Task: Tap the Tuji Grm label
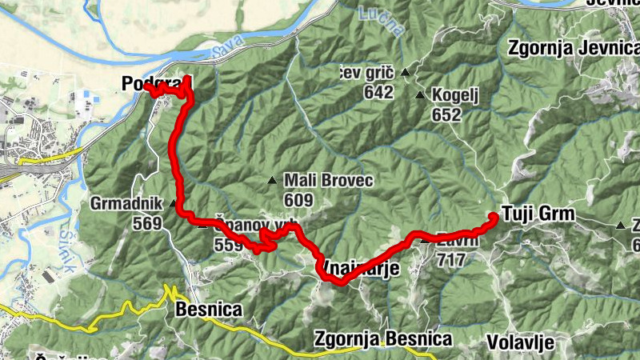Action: click(535, 214)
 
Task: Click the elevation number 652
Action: click(446, 114)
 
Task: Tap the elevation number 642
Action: click(378, 92)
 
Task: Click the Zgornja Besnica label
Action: click(383, 339)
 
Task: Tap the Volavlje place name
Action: click(521, 342)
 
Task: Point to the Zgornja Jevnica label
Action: click(571, 47)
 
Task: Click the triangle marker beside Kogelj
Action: click(420, 95)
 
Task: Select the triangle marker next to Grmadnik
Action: click(172, 204)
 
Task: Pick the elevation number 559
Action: click(228, 246)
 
